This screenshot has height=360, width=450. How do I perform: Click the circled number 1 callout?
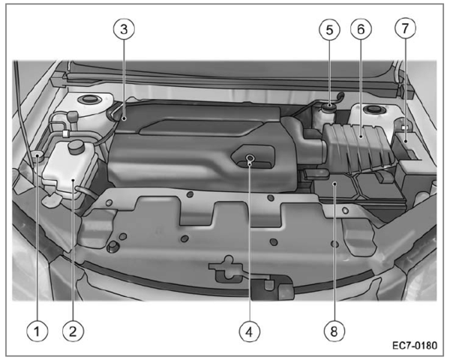(x=37, y=331)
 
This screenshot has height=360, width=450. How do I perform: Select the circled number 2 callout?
(x=73, y=331)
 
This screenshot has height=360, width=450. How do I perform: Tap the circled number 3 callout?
(x=124, y=29)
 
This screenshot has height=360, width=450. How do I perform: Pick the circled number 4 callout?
(x=250, y=331)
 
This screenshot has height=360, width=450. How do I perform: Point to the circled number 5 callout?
(x=329, y=29)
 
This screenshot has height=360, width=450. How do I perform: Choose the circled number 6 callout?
(x=361, y=29)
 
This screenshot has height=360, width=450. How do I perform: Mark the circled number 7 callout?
(x=405, y=28)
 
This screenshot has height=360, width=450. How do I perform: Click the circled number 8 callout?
(x=334, y=331)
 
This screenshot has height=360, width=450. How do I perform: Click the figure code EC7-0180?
(x=415, y=345)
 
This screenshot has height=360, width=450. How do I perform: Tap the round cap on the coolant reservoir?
(x=76, y=145)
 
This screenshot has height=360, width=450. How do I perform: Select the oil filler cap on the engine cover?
(x=250, y=157)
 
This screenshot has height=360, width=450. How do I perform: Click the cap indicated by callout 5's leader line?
(x=329, y=106)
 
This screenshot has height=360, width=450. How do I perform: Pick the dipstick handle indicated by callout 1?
(x=37, y=155)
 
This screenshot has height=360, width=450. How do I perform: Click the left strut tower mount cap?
(x=89, y=99)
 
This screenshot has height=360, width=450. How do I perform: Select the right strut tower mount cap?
(x=373, y=109)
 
